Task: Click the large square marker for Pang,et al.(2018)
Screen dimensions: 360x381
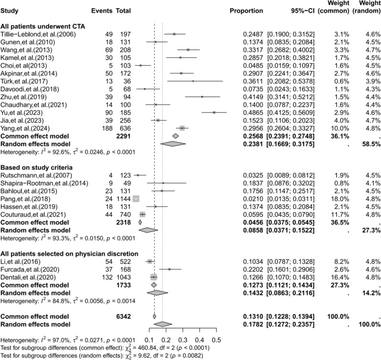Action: pos(137,198)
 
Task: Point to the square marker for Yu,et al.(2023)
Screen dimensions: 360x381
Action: pos(214,113)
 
